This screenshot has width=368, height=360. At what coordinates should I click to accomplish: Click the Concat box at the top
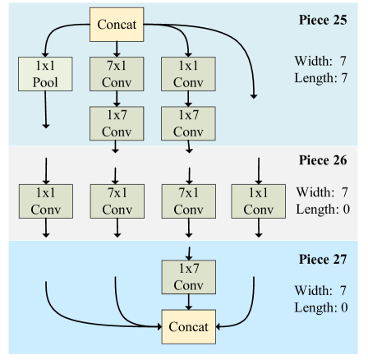117,25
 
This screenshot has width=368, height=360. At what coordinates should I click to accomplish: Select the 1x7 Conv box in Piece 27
188,276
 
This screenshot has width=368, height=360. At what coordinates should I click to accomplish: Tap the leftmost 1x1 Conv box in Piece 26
44,200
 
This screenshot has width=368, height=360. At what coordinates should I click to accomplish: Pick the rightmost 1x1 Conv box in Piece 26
258,200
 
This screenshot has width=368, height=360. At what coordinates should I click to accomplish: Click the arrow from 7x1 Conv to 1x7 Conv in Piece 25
116,98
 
